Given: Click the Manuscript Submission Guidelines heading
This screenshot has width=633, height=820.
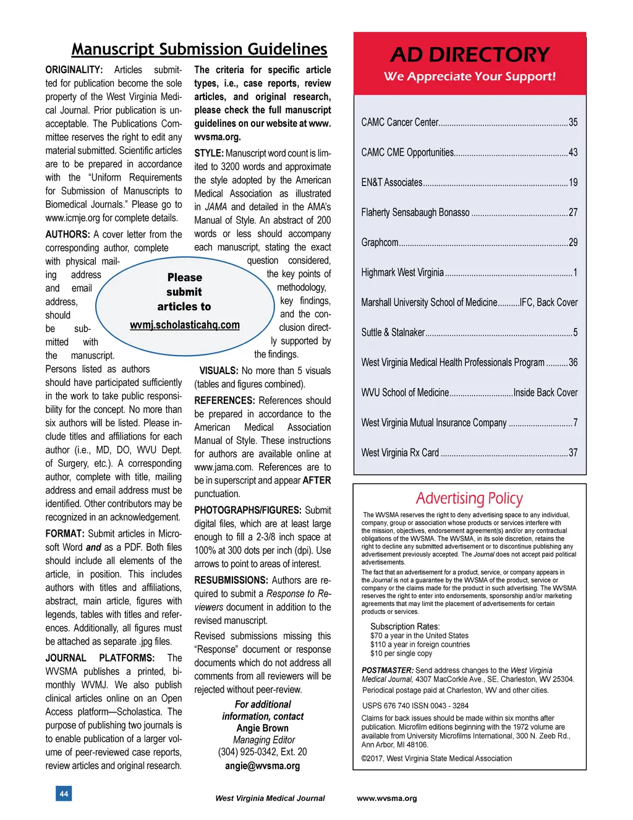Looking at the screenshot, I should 199,49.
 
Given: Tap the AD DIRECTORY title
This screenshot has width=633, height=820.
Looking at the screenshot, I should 470,55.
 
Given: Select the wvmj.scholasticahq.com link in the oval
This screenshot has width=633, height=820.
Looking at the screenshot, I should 184,325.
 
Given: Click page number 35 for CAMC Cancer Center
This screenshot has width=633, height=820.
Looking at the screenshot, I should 573,122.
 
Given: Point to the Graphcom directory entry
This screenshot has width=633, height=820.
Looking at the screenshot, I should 380,242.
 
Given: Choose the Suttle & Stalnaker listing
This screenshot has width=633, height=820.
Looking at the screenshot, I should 393,333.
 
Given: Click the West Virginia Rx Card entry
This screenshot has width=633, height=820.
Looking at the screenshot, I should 400,453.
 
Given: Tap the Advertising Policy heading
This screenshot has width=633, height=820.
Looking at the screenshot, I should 469,498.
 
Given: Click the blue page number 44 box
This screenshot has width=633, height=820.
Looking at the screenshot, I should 64,793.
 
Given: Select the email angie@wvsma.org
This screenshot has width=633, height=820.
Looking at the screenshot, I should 262,766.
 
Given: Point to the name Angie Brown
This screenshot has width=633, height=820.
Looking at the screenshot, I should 262,728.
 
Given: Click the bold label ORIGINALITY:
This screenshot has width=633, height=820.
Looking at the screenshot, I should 74,70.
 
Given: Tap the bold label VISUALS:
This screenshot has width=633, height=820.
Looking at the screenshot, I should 219,371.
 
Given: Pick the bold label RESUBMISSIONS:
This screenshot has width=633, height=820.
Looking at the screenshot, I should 231,581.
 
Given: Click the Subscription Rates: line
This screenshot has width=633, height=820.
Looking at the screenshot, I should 405,626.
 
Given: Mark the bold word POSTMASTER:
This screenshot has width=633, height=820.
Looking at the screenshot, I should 388,670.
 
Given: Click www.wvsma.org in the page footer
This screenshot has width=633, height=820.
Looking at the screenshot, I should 386,798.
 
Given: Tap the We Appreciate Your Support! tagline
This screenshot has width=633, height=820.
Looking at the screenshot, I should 470,77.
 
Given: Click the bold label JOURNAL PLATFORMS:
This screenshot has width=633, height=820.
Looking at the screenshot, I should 100,658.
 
